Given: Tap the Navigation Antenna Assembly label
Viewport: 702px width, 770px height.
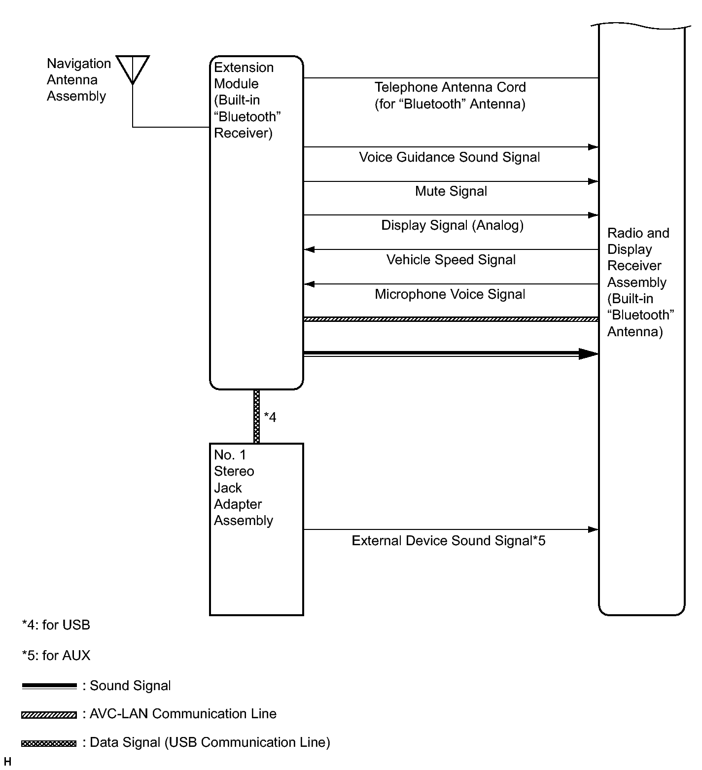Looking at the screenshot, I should pyautogui.click(x=78, y=80).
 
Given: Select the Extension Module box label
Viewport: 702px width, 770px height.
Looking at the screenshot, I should pyautogui.click(x=247, y=100).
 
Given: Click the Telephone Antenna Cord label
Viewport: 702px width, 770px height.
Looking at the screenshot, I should pyautogui.click(x=450, y=96).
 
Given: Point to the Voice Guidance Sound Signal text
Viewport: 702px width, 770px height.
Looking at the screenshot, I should pyautogui.click(x=449, y=157).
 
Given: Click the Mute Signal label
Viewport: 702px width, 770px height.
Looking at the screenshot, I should pyautogui.click(x=451, y=191).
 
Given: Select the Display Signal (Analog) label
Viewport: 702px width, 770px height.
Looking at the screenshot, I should pyautogui.click(x=452, y=225).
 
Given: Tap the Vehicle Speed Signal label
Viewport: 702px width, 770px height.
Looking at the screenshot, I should pyautogui.click(x=451, y=260).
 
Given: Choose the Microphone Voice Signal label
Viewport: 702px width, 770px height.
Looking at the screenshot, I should pyautogui.click(x=450, y=294).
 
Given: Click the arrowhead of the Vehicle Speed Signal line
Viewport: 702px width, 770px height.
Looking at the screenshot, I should pyautogui.click(x=309, y=249).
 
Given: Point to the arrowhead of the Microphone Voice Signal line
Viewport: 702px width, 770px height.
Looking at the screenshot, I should pyautogui.click(x=309, y=284).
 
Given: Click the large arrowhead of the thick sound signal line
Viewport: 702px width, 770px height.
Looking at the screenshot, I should pyautogui.click(x=589, y=353).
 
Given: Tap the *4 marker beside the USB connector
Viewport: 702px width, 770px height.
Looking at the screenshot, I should pyautogui.click(x=270, y=418).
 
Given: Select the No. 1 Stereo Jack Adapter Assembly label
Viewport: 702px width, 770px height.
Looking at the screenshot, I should pyautogui.click(x=243, y=488).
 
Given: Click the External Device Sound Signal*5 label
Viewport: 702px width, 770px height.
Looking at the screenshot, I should pyautogui.click(x=448, y=541).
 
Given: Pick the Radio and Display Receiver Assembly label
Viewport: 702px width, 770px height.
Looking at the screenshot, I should pyautogui.click(x=640, y=282).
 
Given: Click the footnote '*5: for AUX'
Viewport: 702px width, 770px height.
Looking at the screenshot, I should pyautogui.click(x=56, y=656).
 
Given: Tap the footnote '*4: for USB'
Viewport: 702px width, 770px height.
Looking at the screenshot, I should pyautogui.click(x=56, y=625).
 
